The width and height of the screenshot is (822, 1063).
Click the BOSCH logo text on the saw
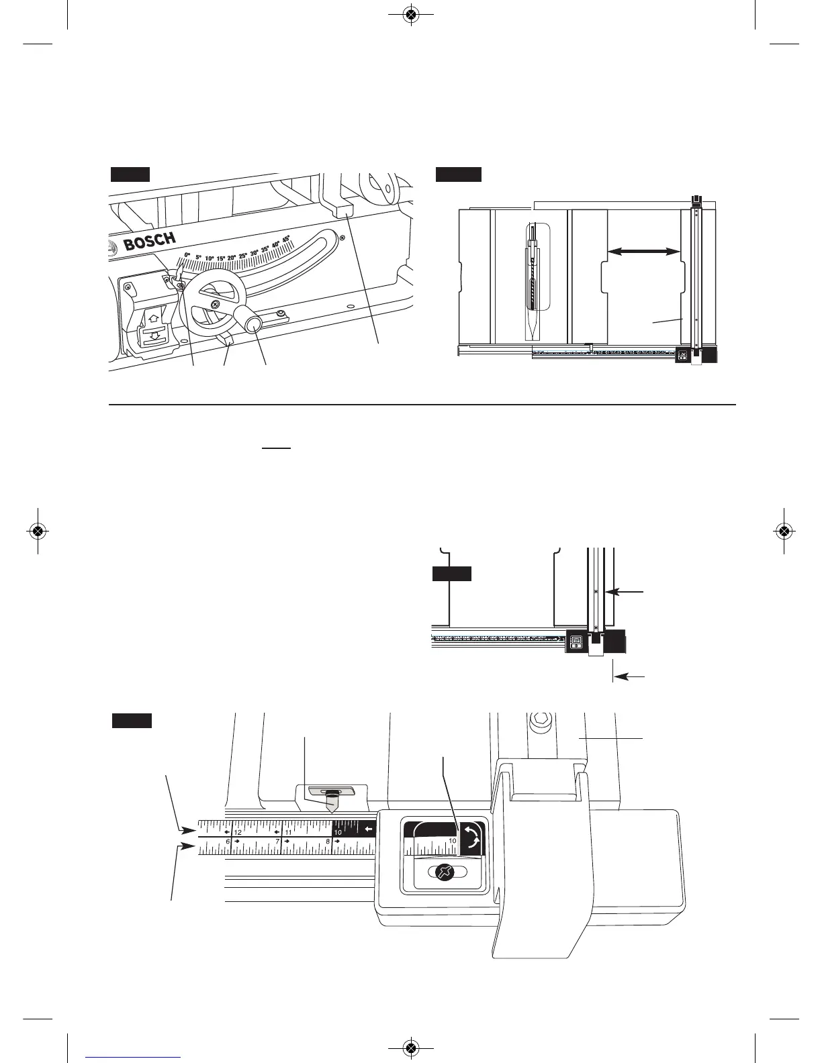(x=150, y=240)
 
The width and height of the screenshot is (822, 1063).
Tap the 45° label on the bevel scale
(x=285, y=239)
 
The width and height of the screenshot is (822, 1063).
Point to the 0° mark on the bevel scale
(x=187, y=255)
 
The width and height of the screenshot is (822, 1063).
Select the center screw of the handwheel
(x=214, y=304)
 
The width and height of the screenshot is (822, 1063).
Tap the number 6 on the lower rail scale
(x=228, y=842)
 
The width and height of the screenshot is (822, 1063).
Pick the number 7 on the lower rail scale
(x=277, y=842)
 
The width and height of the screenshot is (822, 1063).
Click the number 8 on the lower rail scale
(x=328, y=842)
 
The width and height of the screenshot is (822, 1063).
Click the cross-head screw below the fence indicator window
(x=443, y=872)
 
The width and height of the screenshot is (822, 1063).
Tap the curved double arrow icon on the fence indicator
(x=472, y=838)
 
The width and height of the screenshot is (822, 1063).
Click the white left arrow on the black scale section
(x=367, y=829)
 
